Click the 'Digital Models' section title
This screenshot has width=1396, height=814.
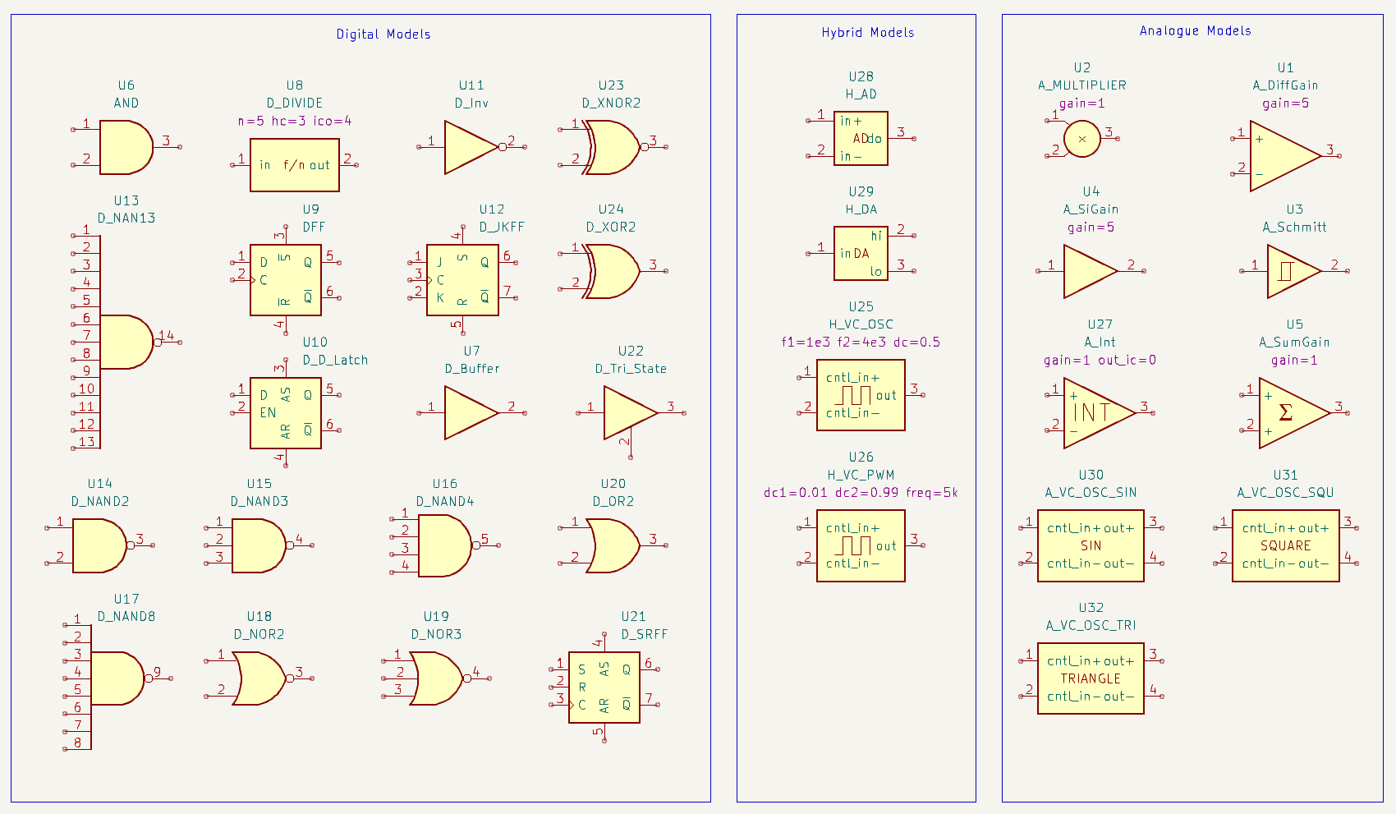pyautogui.click(x=383, y=34)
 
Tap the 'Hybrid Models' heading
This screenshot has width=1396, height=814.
pyautogui.click(x=867, y=32)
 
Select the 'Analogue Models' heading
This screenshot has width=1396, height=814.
pyautogui.click(x=1195, y=31)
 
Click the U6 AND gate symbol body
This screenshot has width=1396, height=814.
pyautogui.click(x=126, y=147)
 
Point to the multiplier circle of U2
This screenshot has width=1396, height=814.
pyautogui.click(x=1082, y=138)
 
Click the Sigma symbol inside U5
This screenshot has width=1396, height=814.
pyautogui.click(x=1285, y=412)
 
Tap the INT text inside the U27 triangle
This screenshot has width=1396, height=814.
pyautogui.click(x=1091, y=412)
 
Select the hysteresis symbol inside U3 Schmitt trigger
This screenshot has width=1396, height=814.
pyautogui.click(x=1286, y=271)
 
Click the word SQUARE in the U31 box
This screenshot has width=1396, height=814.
pyautogui.click(x=1285, y=546)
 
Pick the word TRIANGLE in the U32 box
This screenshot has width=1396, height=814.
pyautogui.click(x=1091, y=678)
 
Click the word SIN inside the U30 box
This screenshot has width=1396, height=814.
pyautogui.click(x=1091, y=546)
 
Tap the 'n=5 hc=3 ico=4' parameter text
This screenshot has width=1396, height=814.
pyautogui.click(x=295, y=121)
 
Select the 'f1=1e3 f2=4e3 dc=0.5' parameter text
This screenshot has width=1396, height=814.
pyautogui.click(x=861, y=343)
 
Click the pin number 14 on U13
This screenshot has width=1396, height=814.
pyautogui.click(x=167, y=335)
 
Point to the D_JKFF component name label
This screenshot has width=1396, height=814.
pyautogui.click(x=502, y=227)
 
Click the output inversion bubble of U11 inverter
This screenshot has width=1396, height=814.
pyautogui.click(x=503, y=147)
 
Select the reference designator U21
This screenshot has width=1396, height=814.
pyautogui.click(x=633, y=616)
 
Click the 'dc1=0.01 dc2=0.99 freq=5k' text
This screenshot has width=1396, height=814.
pyautogui.click(x=861, y=492)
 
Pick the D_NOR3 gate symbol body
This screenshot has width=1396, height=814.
pyautogui.click(x=436, y=678)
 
